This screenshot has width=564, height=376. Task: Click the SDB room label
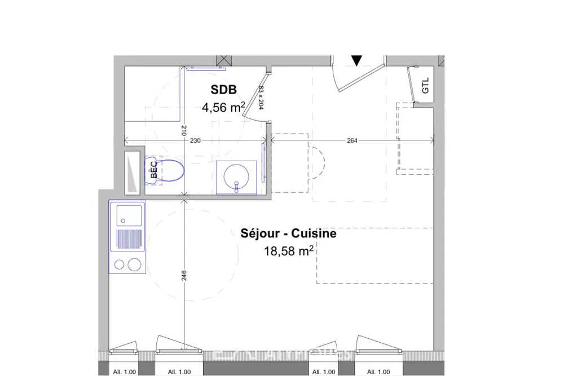pyautogui.click(x=224, y=89)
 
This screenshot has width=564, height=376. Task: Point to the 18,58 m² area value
pyautogui.click(x=288, y=250)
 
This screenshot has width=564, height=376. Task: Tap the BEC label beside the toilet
pyautogui.click(x=152, y=170)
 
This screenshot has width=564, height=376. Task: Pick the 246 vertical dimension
pyautogui.click(x=184, y=275)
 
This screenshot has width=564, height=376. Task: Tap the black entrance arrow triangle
pyautogui.click(x=356, y=60)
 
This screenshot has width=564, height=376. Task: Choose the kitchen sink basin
pyautogui.click(x=127, y=215)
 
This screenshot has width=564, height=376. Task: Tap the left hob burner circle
pyautogui.click(x=120, y=264)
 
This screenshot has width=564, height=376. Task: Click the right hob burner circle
pyautogui.click(x=134, y=264)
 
